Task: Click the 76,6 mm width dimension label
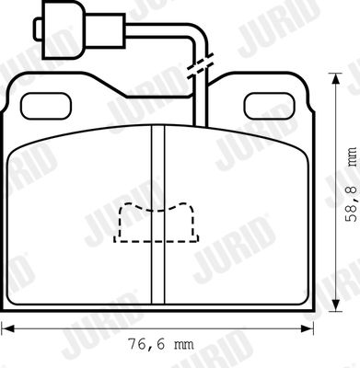[160, 344]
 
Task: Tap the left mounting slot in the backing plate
[46, 106]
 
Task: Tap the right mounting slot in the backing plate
[269, 106]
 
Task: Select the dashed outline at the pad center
[157, 223]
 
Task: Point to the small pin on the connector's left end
[38, 29]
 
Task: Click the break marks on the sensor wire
[200, 65]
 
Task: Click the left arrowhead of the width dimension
[7, 328]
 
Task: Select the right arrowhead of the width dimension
[308, 328]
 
